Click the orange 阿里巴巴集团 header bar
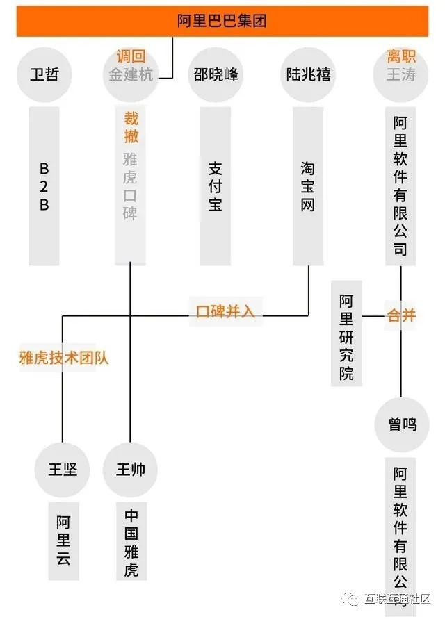[x=222, y=21]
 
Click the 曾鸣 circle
[x=402, y=424]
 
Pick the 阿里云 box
[x=63, y=539]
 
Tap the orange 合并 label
[x=401, y=315]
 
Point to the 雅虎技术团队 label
[x=64, y=358]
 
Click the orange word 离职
[x=401, y=57]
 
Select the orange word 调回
[x=131, y=57]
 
